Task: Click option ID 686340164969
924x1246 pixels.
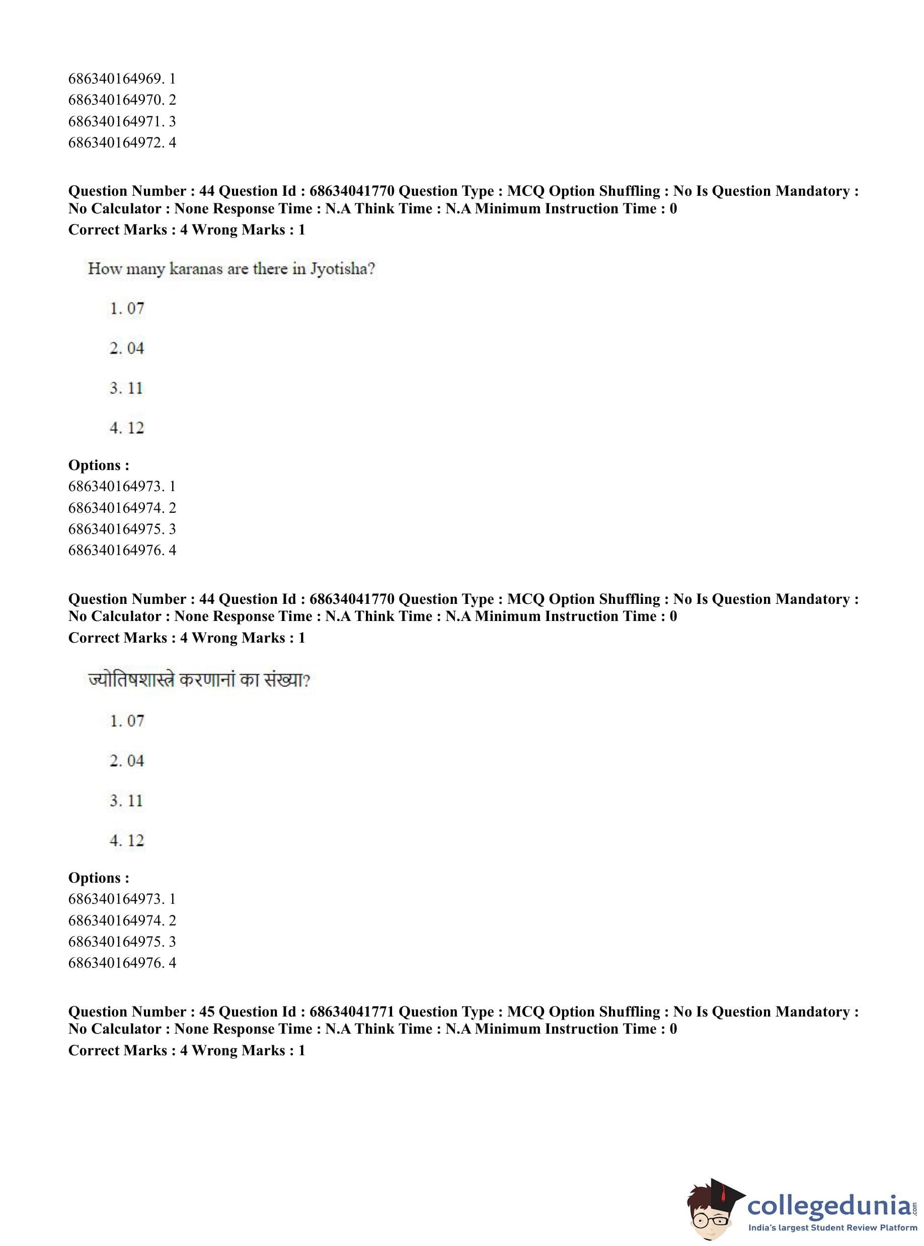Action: coord(122,79)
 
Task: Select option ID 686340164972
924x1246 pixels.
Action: coord(122,142)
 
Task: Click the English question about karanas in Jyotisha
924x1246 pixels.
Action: coord(231,269)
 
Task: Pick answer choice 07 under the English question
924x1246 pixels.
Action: coord(127,308)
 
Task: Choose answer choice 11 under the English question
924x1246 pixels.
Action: coord(127,388)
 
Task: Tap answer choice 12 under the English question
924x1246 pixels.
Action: coord(127,428)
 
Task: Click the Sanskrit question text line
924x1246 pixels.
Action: coord(199,680)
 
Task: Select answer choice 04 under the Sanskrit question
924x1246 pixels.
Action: coord(127,760)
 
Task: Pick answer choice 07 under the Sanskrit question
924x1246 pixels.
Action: coord(127,721)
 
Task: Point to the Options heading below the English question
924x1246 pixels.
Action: coord(99,465)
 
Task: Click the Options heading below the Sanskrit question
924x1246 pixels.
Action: coord(99,878)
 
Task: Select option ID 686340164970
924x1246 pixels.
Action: coord(122,100)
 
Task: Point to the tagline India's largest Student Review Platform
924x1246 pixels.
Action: coord(833,1228)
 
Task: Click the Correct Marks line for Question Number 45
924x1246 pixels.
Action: coord(186,1050)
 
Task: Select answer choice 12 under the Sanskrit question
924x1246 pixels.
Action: coord(127,840)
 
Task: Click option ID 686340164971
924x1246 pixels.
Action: coord(122,121)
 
